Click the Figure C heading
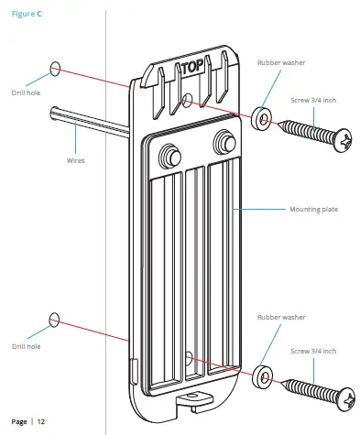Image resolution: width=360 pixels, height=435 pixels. click(27, 14)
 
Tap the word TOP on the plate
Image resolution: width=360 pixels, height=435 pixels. click(192, 67)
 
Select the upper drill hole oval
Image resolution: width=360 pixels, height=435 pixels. click(55, 69)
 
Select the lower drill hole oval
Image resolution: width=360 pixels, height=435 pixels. click(54, 320)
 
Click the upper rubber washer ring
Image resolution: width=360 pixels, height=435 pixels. click(262, 117)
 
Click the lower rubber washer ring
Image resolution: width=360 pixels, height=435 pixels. click(263, 376)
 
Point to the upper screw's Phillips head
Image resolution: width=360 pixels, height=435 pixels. click(344, 140)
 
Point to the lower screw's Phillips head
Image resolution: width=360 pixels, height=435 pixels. click(346, 399)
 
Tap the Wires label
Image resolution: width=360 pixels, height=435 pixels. click(75, 160)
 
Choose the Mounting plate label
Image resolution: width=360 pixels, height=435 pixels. click(313, 210)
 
